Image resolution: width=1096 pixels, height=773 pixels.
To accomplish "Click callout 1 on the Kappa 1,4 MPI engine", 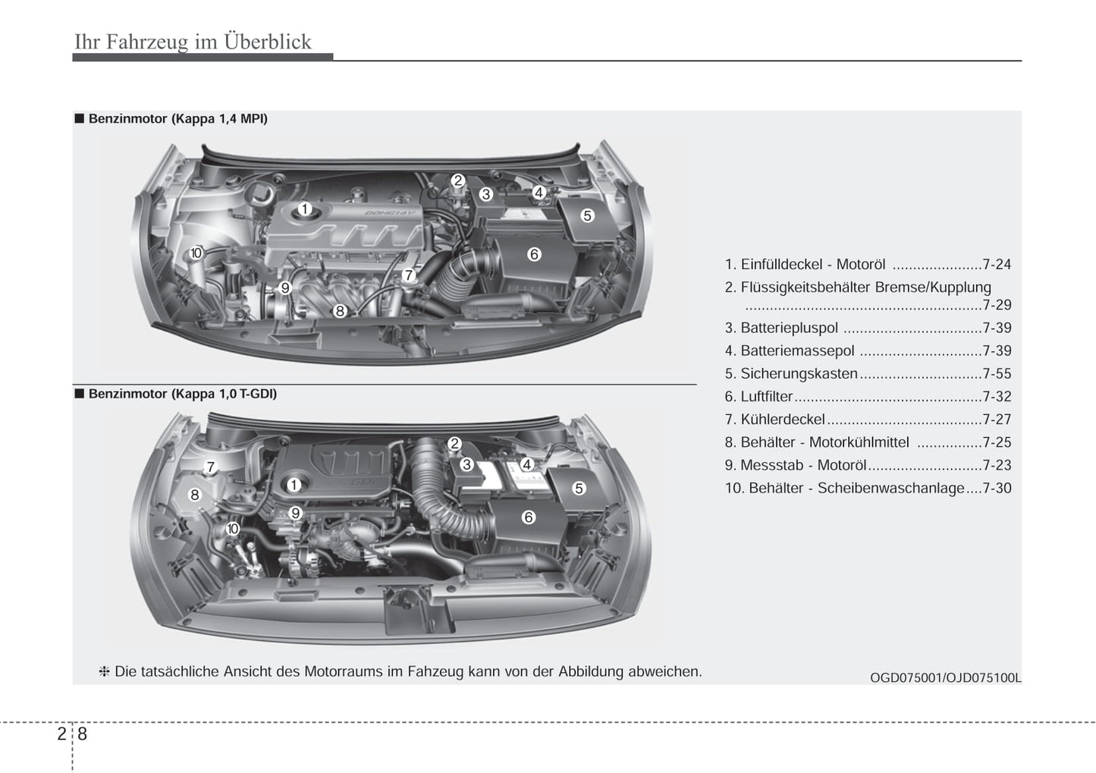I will (x=304, y=209).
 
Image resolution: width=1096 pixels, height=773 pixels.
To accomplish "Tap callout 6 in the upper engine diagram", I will (x=534, y=254).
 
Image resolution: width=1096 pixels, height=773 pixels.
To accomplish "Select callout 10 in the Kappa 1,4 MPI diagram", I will (x=196, y=253).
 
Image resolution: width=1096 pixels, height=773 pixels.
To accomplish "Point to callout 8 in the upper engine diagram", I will (x=340, y=310).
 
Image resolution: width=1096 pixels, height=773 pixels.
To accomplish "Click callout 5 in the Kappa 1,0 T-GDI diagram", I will (x=579, y=488).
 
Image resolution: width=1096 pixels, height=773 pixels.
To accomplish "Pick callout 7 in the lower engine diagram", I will (x=211, y=467).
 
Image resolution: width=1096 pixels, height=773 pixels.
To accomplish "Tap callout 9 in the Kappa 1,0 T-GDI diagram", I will (x=296, y=513).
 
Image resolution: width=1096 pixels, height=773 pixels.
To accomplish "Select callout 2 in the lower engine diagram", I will (x=454, y=444).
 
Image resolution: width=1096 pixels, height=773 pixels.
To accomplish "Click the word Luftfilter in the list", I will (x=766, y=397).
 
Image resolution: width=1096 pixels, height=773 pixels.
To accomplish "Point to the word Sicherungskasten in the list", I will (x=799, y=374).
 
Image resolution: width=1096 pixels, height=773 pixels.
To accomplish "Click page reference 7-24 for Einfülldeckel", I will (x=996, y=265).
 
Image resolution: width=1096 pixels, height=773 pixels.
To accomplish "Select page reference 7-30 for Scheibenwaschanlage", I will (x=997, y=489).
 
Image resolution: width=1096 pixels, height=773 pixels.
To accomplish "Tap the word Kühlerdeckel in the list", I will (x=782, y=419).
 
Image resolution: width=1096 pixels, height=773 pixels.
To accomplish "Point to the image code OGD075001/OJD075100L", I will (x=945, y=677).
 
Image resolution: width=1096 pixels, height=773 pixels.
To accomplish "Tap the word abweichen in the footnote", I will (x=664, y=671).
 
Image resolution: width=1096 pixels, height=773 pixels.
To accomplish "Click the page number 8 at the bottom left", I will (x=82, y=734).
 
